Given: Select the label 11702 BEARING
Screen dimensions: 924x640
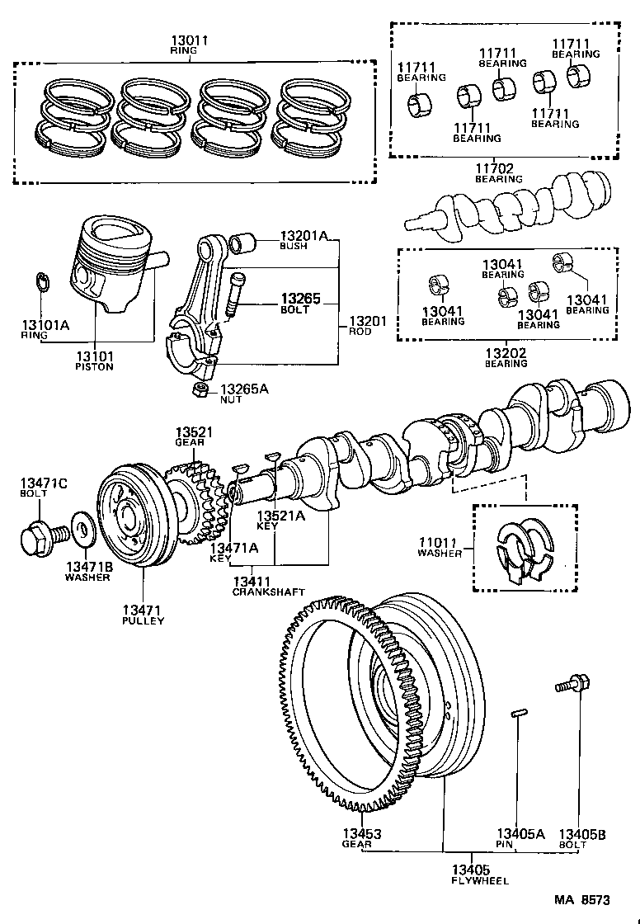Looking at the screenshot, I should click(498, 173).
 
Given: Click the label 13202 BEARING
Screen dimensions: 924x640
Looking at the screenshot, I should click(506, 357).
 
